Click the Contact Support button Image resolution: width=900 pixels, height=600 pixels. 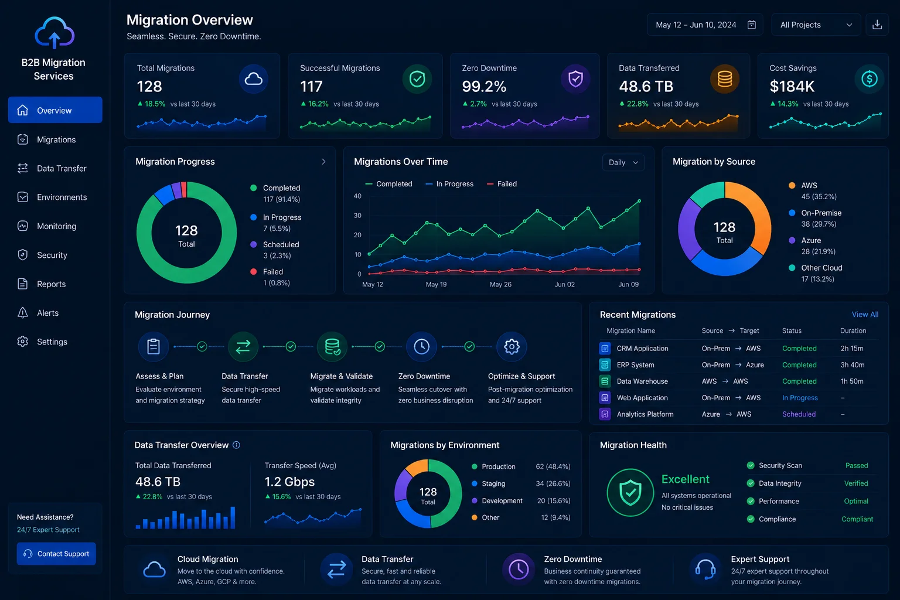56,553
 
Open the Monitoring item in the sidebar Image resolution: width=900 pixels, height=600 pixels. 56,226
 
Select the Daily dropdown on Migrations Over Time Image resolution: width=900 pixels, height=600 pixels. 623,162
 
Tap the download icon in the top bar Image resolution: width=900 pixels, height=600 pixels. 877,25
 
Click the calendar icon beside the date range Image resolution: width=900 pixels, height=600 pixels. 751,25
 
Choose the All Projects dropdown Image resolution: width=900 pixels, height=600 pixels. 816,25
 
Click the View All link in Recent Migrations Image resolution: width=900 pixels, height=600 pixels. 865,314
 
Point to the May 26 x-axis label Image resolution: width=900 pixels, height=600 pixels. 500,284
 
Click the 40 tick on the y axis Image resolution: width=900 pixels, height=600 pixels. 357,196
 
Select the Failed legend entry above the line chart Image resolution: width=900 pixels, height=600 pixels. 502,183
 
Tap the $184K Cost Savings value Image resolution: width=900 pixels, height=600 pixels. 792,86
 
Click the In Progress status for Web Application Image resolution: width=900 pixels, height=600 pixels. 800,397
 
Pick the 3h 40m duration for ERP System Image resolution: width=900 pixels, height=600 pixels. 852,365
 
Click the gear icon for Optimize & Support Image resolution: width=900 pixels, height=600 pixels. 512,346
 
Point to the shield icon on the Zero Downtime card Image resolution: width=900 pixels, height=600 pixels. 575,79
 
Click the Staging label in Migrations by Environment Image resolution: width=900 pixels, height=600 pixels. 493,483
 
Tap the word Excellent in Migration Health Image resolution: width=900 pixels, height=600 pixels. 685,479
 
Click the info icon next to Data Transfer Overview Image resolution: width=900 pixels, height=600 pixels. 236,445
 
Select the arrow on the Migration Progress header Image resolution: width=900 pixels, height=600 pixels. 323,162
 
